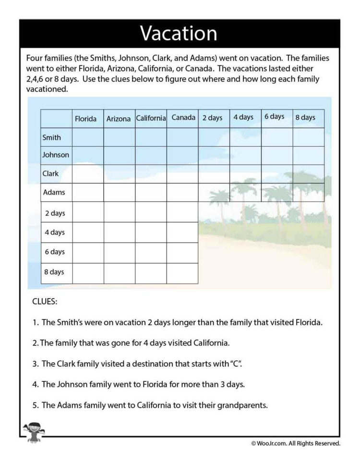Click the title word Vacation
[x=179, y=34]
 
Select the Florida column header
[x=85, y=119]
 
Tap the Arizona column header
[x=119, y=119]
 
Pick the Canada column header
[x=183, y=118]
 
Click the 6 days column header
[x=274, y=117]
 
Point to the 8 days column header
[x=305, y=118]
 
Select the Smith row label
[x=52, y=137]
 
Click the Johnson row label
[x=56, y=155]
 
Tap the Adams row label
[x=54, y=193]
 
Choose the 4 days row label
[x=55, y=233]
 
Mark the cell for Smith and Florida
[x=88, y=137]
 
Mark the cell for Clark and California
[x=151, y=174]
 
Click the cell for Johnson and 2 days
[x=214, y=156]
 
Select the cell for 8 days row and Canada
[x=182, y=273]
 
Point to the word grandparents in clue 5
[x=242, y=405]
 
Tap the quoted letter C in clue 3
[x=235, y=364]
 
